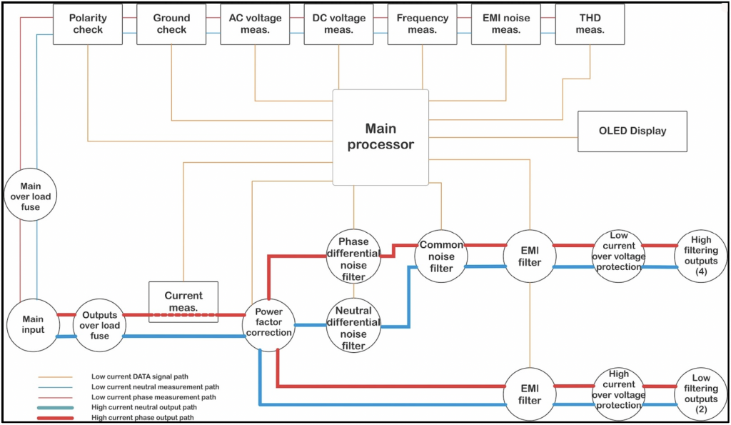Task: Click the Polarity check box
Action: point(88,24)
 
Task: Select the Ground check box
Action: point(171,24)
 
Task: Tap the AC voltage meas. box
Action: point(255,24)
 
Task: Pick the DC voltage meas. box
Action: point(338,24)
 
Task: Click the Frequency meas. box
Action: point(423,24)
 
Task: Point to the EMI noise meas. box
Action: point(506,24)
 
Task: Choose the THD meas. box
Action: point(590,24)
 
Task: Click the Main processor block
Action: point(380,136)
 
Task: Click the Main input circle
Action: point(32,324)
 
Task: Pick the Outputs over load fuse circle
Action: point(99,325)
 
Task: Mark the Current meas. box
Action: point(183,301)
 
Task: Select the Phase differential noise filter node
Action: point(353,254)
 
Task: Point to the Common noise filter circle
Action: point(441,256)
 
